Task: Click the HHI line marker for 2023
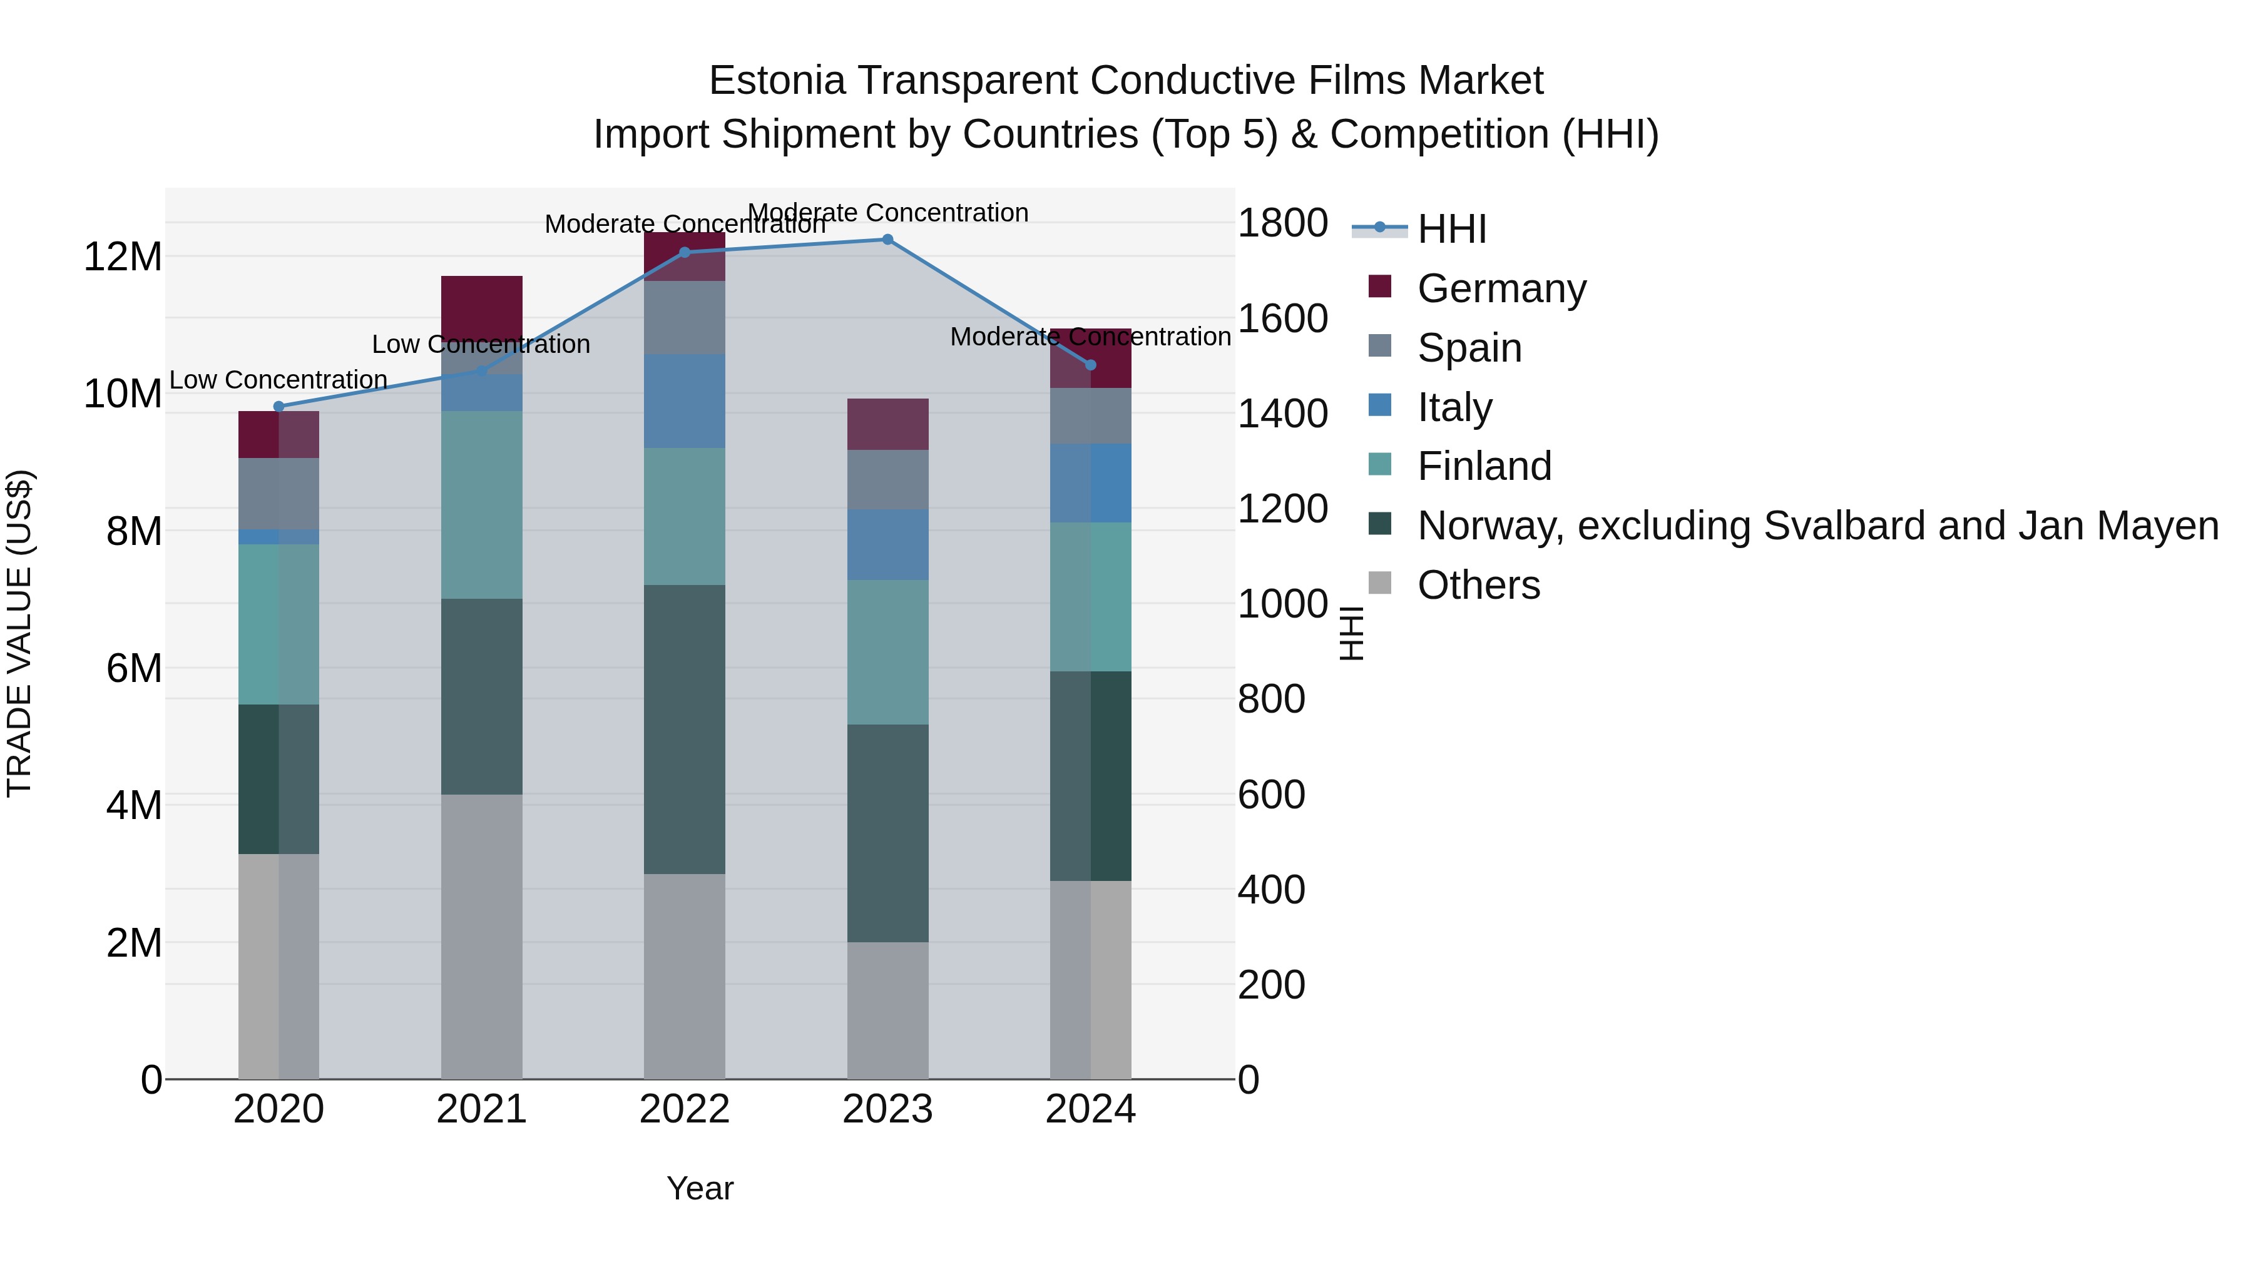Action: pos(887,240)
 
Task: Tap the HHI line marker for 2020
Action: pos(279,407)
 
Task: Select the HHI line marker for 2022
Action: pos(685,253)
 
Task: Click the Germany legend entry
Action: pos(1501,288)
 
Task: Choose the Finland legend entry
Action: pos(1484,466)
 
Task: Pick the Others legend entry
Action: pos(1478,585)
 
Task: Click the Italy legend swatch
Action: pos(1380,405)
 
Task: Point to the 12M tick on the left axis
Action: pos(123,257)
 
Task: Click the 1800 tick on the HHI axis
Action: pos(1282,223)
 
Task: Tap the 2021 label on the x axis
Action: pos(481,1109)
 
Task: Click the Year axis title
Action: pos(700,1188)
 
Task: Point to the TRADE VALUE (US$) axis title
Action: pos(19,633)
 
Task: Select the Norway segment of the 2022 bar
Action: pos(685,730)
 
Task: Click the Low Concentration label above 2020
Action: pos(278,380)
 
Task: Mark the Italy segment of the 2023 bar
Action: pos(887,545)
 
